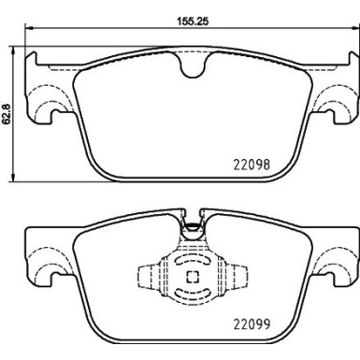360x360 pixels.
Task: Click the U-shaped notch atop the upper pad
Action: [x=193, y=66]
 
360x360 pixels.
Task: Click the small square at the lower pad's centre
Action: [x=192, y=277]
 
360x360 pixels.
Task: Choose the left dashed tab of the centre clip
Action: [x=148, y=278]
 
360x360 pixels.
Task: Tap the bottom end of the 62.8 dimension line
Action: [x=12, y=180]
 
